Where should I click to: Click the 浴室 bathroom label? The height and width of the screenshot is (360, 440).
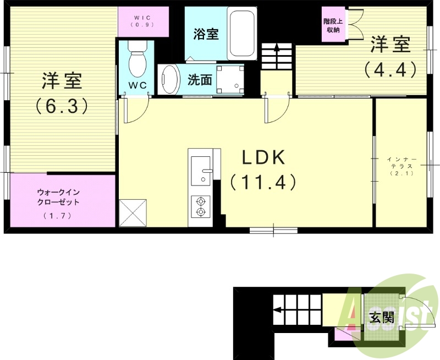point(206,34)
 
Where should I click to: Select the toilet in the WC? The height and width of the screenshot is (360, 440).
point(137,61)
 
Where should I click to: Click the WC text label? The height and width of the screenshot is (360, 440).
point(137,86)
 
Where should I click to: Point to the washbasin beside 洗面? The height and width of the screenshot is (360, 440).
point(169,80)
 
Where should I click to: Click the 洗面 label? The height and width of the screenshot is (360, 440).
point(200,80)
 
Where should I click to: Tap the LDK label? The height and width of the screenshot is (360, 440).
point(263,158)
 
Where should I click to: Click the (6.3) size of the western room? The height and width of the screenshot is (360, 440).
point(62,105)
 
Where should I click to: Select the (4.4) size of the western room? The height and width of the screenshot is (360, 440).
point(389,69)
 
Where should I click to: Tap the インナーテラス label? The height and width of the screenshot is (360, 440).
point(402,165)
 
